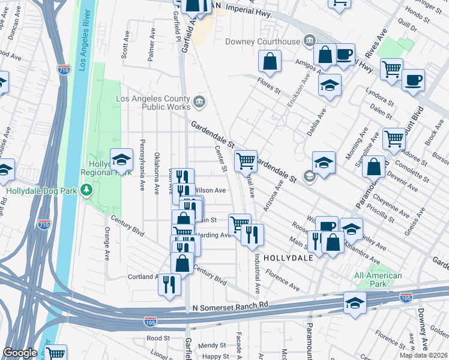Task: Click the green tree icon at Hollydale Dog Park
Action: (87, 190)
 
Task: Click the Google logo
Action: (20, 353)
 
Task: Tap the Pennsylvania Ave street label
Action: (142, 166)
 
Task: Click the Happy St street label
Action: (215, 356)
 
